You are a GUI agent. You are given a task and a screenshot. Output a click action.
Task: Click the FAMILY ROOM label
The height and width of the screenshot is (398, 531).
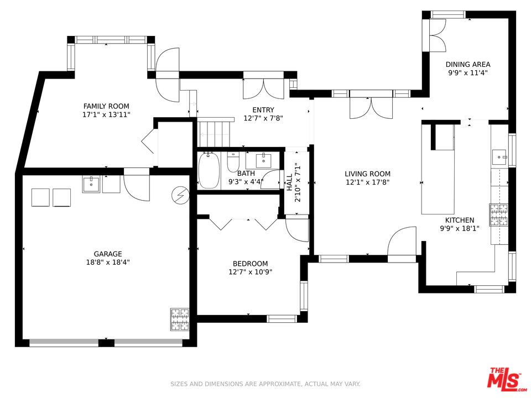click(x=106, y=106)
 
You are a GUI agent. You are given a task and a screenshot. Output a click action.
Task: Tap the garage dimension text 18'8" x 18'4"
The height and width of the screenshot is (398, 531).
click(x=108, y=262)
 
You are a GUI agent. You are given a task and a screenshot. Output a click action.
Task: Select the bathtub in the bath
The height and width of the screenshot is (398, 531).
click(x=209, y=171)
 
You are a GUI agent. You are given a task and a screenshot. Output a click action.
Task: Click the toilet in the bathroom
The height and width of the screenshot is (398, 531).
click(x=233, y=162)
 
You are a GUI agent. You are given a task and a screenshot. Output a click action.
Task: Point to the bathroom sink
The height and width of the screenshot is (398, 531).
click(x=263, y=160)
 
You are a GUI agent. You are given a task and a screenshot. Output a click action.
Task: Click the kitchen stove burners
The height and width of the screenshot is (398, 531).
click(x=498, y=214)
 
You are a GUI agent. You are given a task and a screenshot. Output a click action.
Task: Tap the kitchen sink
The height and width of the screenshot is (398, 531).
click(x=499, y=157)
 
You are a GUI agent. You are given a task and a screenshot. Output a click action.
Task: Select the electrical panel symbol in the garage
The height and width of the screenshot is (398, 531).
click(x=180, y=195)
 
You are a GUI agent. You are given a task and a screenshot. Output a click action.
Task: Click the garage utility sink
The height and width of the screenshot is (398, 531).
click(x=91, y=185)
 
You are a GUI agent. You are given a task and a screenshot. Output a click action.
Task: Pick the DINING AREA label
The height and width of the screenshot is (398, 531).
click(x=468, y=64)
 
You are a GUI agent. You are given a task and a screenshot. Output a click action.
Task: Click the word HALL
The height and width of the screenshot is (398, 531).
click(x=289, y=182)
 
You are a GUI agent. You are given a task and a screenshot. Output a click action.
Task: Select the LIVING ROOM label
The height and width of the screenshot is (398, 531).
click(x=367, y=174)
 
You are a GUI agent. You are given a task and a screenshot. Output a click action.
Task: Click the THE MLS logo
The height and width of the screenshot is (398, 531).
click(x=505, y=378)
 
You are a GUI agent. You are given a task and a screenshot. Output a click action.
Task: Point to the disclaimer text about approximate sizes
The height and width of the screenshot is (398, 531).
click(x=265, y=384)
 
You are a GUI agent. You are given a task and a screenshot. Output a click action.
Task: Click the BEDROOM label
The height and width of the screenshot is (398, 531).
click(x=250, y=264)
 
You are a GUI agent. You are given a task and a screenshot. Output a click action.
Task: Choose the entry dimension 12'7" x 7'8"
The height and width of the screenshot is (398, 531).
click(x=263, y=118)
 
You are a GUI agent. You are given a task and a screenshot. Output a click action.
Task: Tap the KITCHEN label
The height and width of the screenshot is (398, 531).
click(x=460, y=220)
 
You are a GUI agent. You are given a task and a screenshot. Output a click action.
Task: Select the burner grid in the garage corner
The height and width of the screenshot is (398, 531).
click(x=179, y=319)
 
